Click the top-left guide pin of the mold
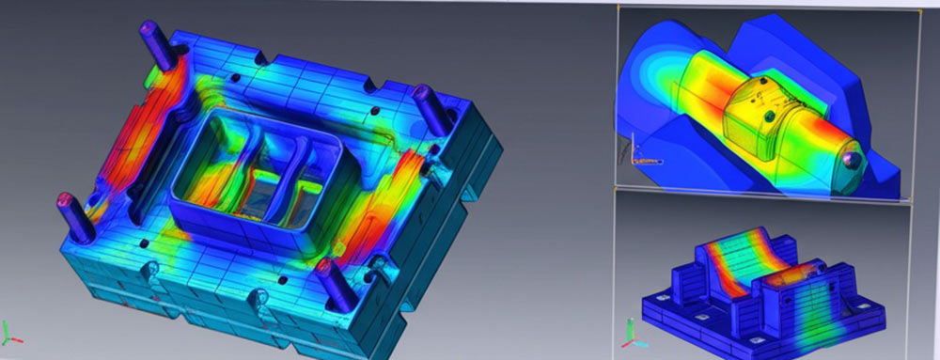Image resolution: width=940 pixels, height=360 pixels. coord(153,42)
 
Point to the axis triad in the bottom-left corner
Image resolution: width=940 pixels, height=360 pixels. coord(10,332)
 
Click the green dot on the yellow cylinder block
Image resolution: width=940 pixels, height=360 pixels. coord(770,115)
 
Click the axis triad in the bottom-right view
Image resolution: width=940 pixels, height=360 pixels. coord(631,332)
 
